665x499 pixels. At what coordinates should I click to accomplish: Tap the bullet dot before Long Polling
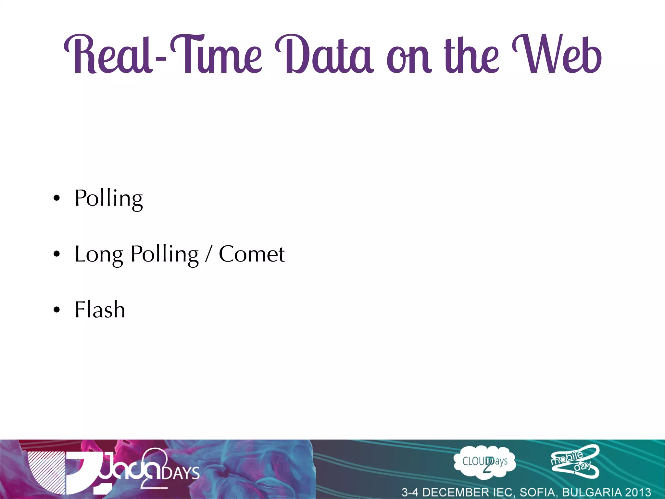(x=57, y=254)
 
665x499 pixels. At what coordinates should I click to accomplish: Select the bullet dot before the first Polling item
(x=57, y=198)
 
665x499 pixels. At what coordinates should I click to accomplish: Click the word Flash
(x=100, y=309)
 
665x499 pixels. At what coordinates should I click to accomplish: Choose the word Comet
(x=252, y=254)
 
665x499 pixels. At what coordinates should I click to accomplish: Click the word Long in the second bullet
(x=99, y=254)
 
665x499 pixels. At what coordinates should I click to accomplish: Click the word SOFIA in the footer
(x=538, y=492)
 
